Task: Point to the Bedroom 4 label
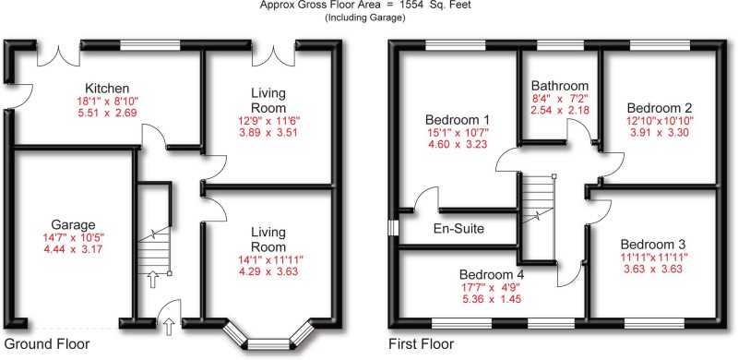(492, 274)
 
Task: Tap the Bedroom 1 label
(457, 120)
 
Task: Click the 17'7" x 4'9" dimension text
(492, 287)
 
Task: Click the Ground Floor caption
(46, 344)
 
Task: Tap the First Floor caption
(423, 344)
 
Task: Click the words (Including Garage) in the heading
(369, 18)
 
